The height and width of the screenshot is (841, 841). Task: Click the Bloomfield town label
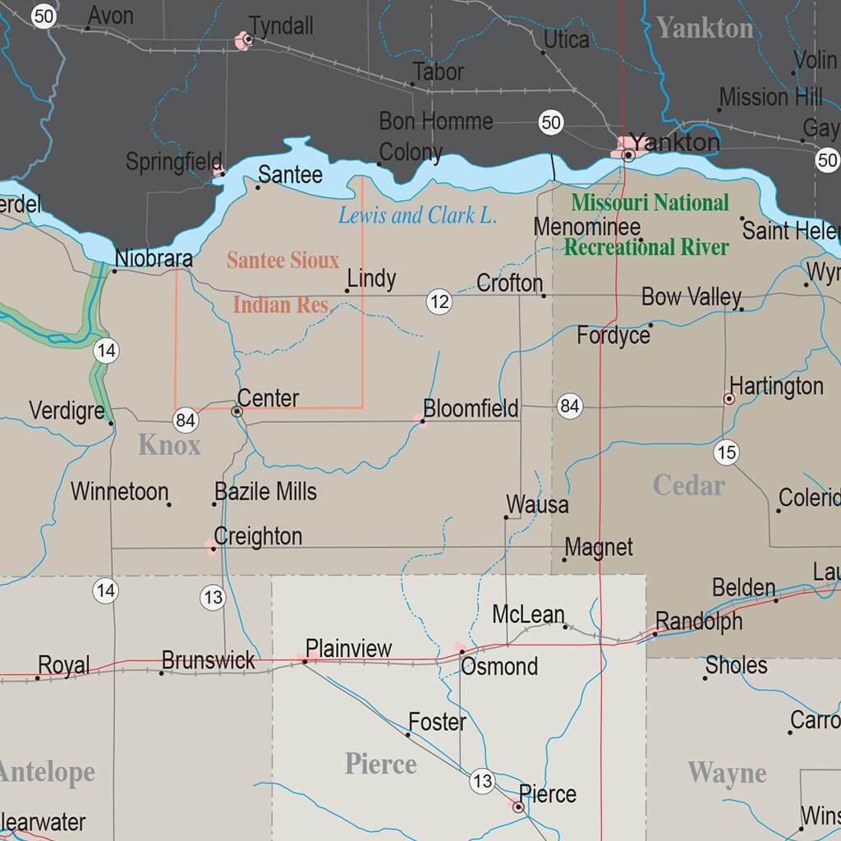pyautogui.click(x=471, y=408)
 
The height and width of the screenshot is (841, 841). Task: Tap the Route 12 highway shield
pyautogui.click(x=439, y=301)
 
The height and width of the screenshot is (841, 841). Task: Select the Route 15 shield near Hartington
pyautogui.click(x=726, y=452)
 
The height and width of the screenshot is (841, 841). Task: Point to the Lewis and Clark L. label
pyautogui.click(x=417, y=216)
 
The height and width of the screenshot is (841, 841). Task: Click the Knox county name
pyautogui.click(x=169, y=446)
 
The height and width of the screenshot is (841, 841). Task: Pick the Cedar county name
pyautogui.click(x=688, y=485)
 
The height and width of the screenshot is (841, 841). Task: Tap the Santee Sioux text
pyautogui.click(x=283, y=260)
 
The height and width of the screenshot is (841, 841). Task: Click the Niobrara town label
pyautogui.click(x=154, y=258)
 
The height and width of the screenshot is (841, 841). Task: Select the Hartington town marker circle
pyautogui.click(x=728, y=398)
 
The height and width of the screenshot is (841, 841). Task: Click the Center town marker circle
pyautogui.click(x=237, y=411)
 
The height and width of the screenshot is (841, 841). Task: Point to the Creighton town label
pyautogui.click(x=258, y=536)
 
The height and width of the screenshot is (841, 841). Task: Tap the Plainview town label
pyautogui.click(x=349, y=648)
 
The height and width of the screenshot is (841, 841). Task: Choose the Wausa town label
pyautogui.click(x=537, y=504)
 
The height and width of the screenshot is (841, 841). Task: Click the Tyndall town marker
pyautogui.click(x=246, y=39)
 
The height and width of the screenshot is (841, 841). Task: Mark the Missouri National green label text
pyautogui.click(x=650, y=203)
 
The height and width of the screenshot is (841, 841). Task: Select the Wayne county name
pyautogui.click(x=727, y=773)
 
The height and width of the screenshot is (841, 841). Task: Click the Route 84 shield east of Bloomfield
pyautogui.click(x=570, y=405)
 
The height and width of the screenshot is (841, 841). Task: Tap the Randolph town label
pyautogui.click(x=699, y=621)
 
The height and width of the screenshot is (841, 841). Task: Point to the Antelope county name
pyautogui.click(x=47, y=772)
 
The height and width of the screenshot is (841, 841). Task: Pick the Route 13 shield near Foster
pyautogui.click(x=482, y=781)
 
